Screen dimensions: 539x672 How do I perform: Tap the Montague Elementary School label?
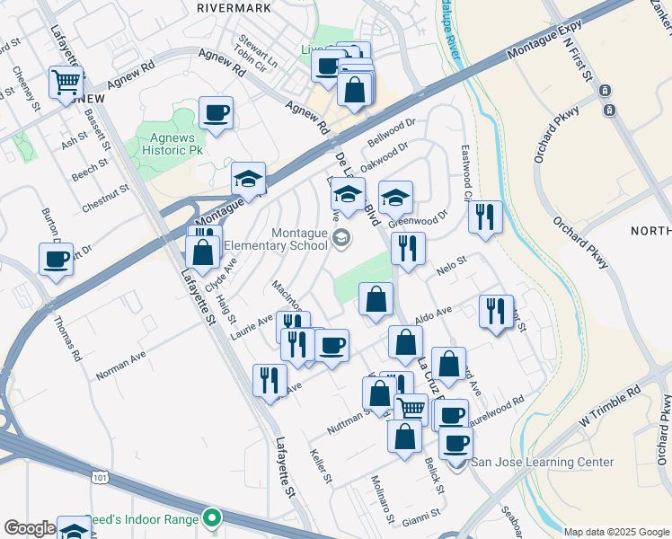click(x=275, y=238)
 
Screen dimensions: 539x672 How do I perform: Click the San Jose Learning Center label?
click(x=544, y=463)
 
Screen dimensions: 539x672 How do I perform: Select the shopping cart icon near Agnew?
click(x=66, y=83)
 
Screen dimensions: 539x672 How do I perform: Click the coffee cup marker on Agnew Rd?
click(x=216, y=113)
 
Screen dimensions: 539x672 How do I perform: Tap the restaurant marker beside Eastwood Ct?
click(x=485, y=217)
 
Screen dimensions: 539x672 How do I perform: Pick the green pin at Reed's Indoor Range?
click(x=211, y=517)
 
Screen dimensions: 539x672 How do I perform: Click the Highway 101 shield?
click(x=95, y=481)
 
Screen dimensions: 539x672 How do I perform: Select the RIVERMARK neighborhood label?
click(x=233, y=7)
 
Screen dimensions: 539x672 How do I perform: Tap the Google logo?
click(x=30, y=528)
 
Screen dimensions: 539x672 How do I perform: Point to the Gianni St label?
click(x=421, y=515)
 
